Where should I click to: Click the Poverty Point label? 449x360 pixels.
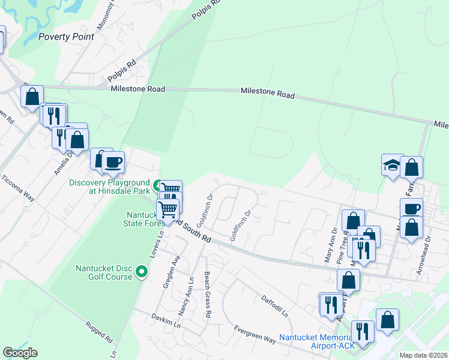point(66,36)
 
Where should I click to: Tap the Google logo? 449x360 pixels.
point(20,353)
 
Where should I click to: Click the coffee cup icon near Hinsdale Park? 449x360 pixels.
point(113,161)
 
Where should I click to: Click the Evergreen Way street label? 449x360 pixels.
point(255,335)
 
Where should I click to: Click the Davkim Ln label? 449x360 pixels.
point(166,319)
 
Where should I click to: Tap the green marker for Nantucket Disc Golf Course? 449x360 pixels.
point(142,272)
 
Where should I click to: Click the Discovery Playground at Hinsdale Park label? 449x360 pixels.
point(109,187)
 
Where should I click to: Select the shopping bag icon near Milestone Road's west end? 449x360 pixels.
point(32,95)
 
